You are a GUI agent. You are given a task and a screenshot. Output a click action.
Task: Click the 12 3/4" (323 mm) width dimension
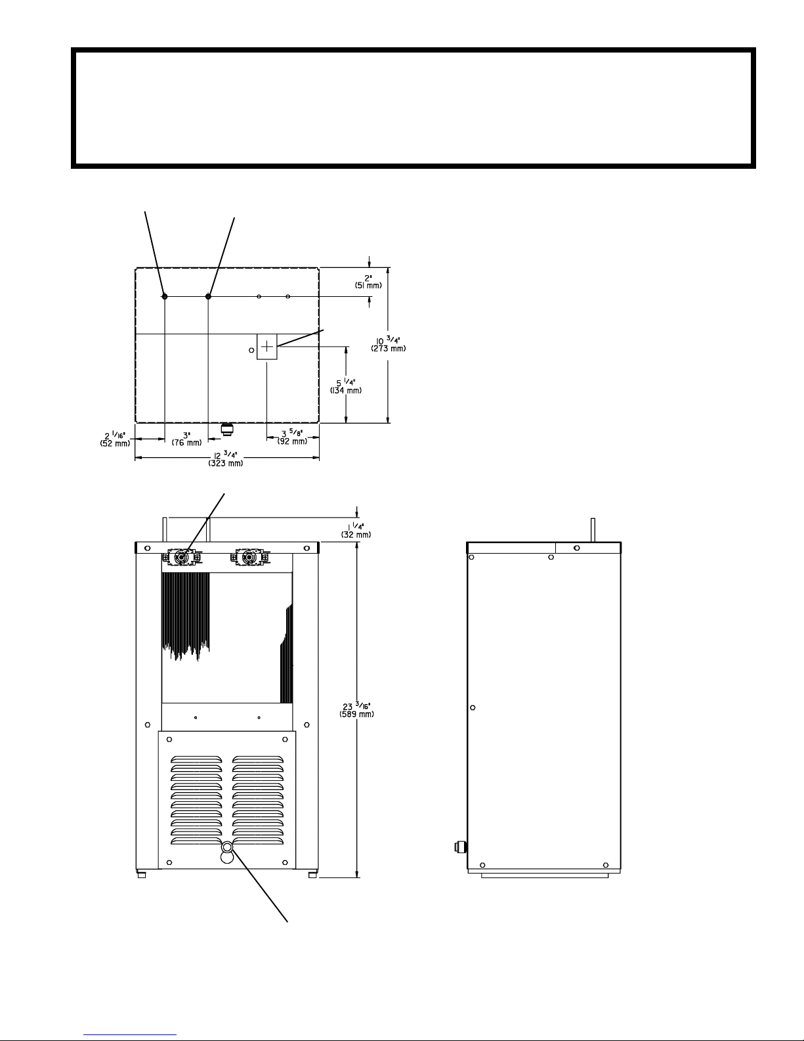point(225,460)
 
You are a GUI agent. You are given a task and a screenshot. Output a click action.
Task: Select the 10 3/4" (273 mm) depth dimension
point(388,344)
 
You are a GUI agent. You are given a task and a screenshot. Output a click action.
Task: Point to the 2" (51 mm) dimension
point(368,282)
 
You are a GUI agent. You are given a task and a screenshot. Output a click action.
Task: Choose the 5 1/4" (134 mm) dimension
point(345,386)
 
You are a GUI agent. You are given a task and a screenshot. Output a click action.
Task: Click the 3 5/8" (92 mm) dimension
point(292,437)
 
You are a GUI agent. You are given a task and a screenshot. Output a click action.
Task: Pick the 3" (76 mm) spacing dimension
point(186,439)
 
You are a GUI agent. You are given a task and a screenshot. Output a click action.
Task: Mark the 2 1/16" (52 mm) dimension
point(115,439)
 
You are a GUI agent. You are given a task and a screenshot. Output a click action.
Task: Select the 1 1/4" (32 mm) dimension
point(356,530)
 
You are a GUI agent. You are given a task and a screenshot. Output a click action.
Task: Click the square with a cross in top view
point(267,346)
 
